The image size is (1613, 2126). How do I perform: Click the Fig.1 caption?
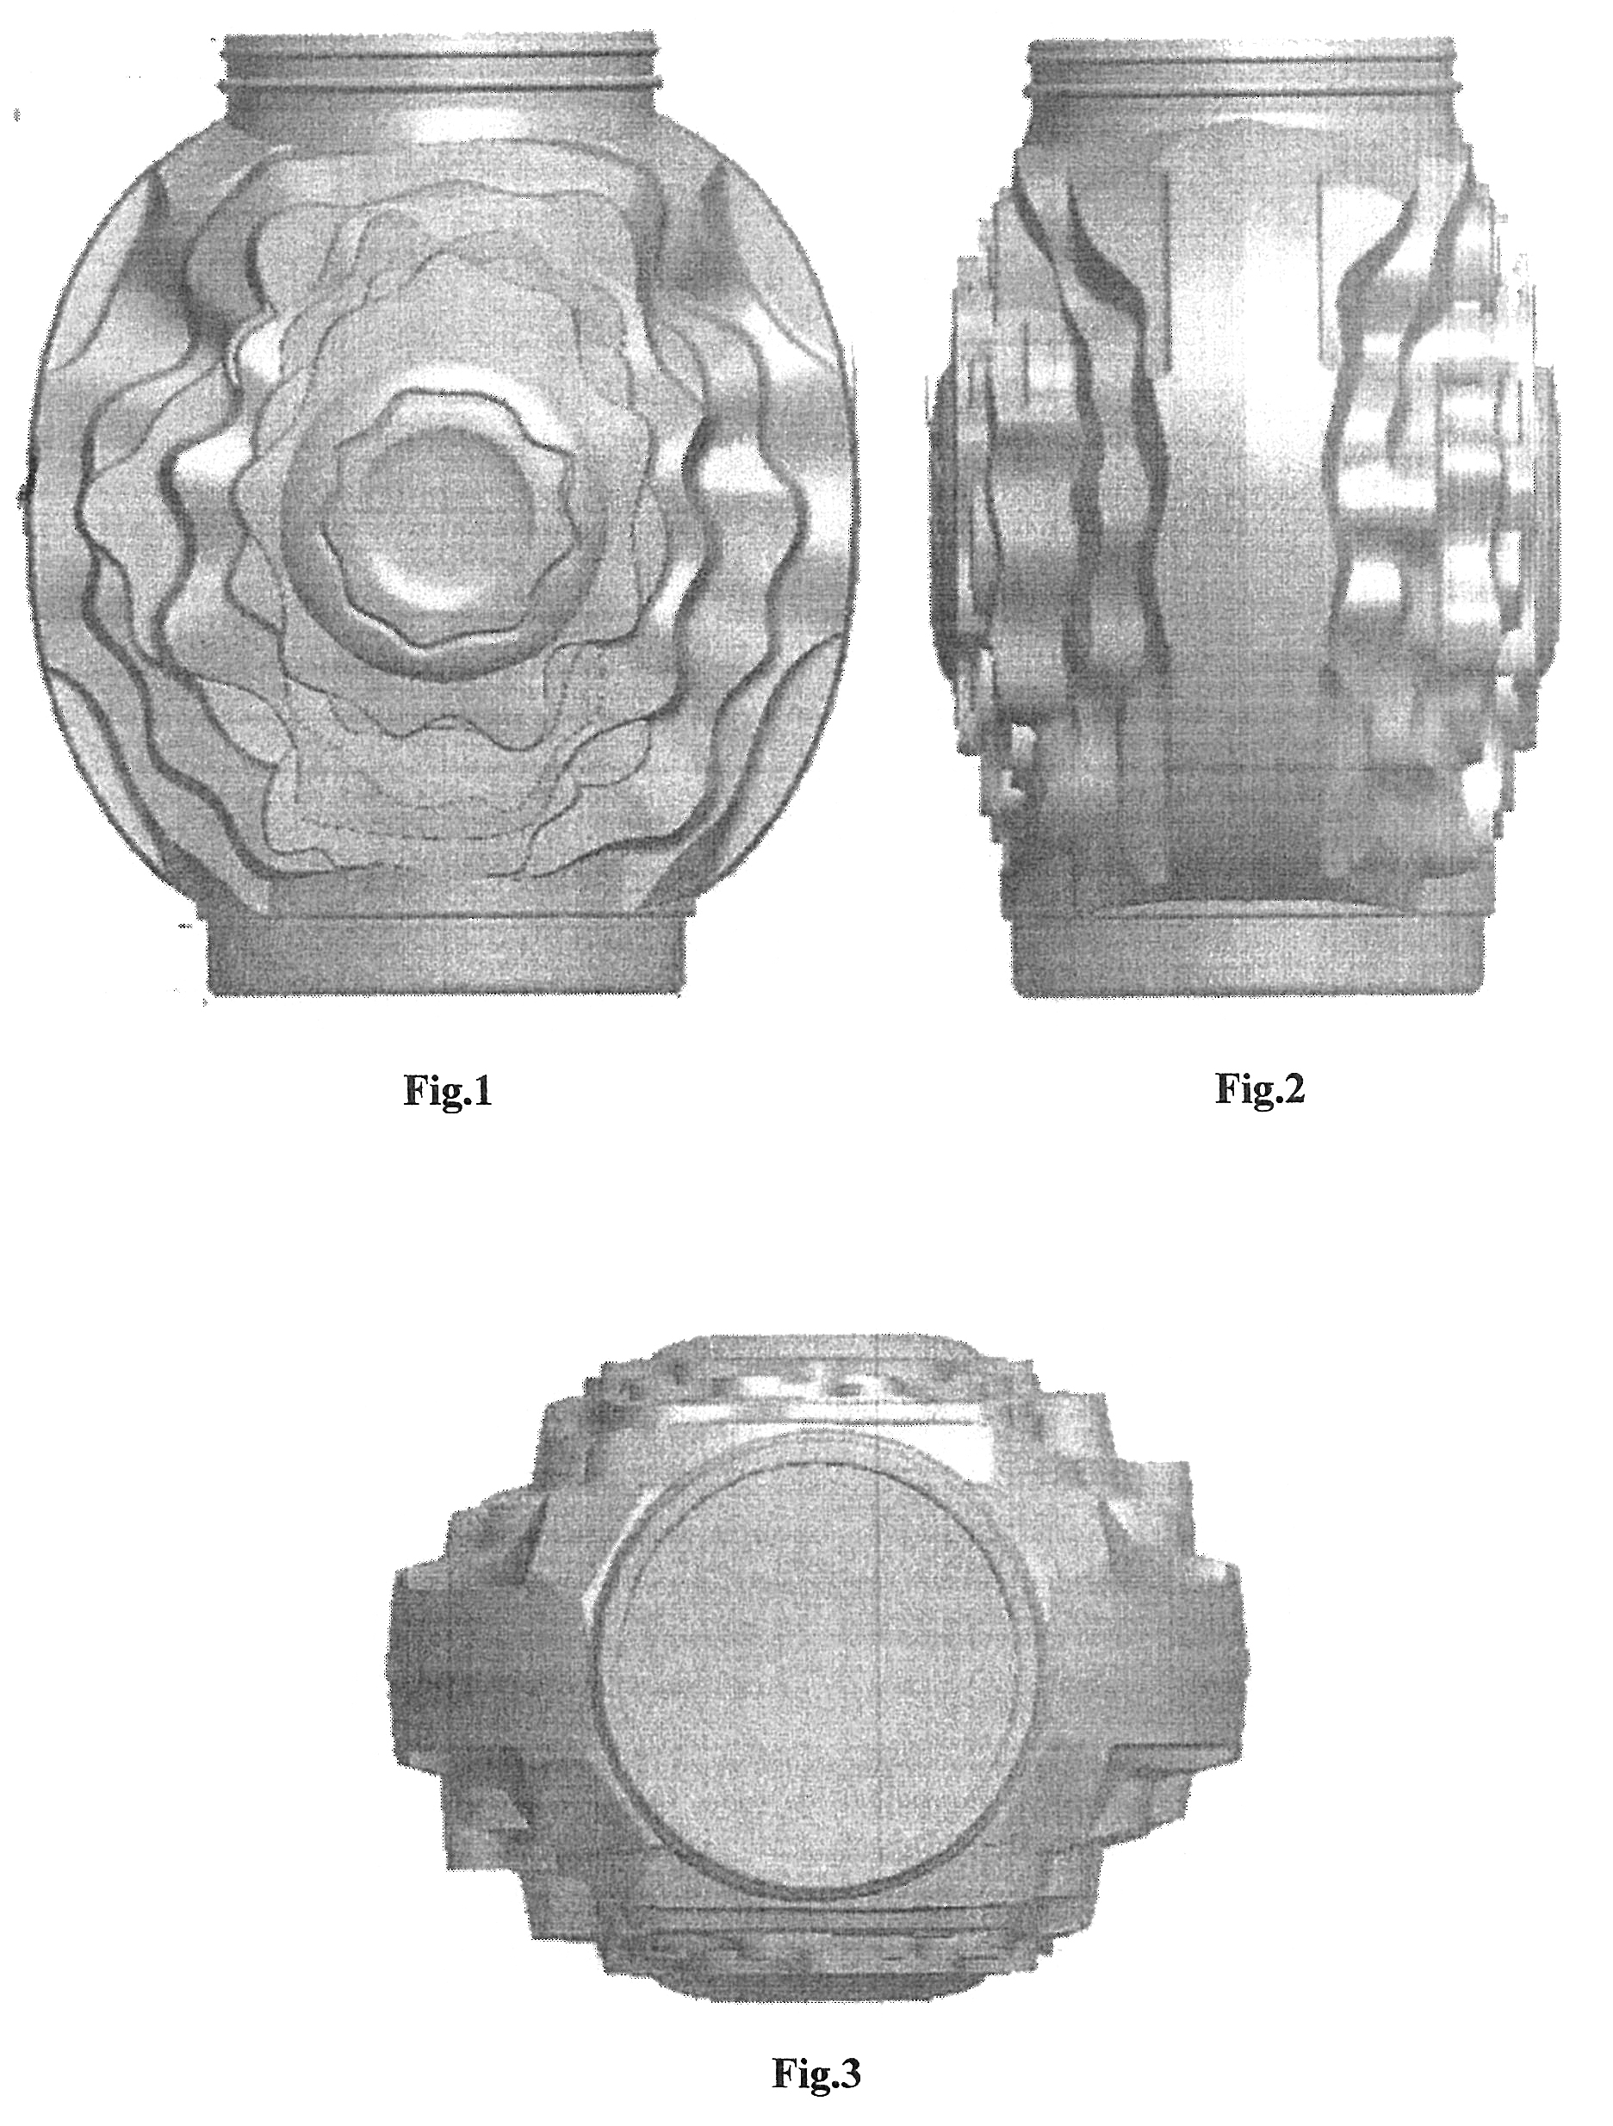[447, 1092]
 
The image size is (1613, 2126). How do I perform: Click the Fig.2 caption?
[1260, 1088]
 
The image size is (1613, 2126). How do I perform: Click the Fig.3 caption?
[816, 2067]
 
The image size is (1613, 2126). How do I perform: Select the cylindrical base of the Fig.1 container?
[446, 957]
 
